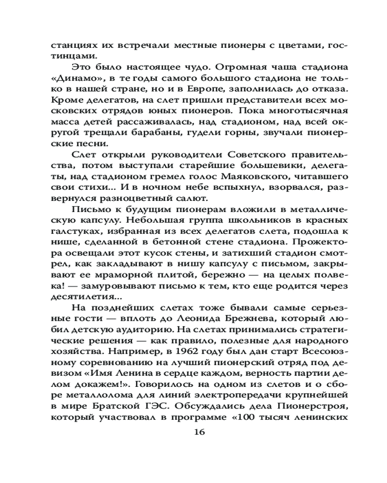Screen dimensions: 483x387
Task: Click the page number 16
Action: pos(199,431)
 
